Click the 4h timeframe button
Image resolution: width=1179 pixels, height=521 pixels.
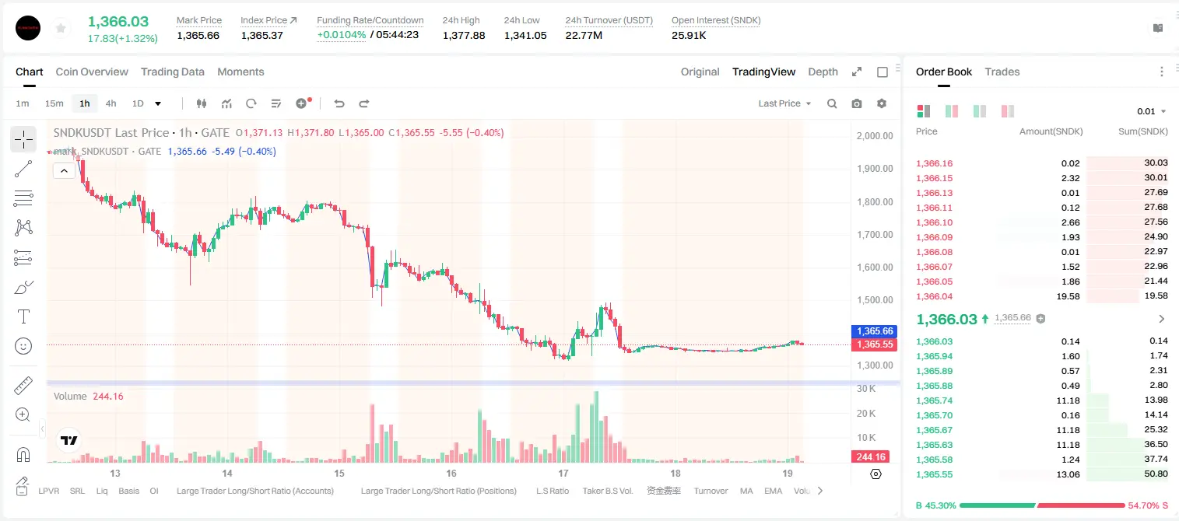(x=111, y=103)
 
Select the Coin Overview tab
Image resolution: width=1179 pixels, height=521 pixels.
(x=92, y=72)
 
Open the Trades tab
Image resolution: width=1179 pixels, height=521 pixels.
(x=1002, y=72)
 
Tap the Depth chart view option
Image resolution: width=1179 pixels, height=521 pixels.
(x=823, y=72)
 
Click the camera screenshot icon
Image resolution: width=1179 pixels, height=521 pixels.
(x=857, y=103)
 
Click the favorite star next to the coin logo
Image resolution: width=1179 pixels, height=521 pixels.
(x=61, y=28)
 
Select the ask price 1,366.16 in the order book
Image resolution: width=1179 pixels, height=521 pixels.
(x=935, y=163)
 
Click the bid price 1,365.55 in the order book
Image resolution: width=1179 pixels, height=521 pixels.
(x=935, y=474)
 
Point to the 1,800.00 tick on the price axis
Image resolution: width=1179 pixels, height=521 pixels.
(x=875, y=202)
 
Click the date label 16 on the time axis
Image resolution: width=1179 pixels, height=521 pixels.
(x=451, y=473)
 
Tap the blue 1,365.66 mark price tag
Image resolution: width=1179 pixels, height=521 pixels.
(x=874, y=331)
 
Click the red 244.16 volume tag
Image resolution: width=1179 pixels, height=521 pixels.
(x=871, y=457)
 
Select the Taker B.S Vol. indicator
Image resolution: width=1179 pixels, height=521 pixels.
(x=607, y=491)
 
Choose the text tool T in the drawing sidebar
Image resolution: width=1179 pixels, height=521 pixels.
(x=23, y=316)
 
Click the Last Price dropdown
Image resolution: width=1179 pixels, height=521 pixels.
(x=784, y=103)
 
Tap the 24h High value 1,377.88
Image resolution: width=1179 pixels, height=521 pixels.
(x=464, y=35)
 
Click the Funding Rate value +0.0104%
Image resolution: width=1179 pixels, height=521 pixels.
(x=341, y=35)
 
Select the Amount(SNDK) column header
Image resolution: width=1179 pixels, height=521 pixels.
(x=1051, y=131)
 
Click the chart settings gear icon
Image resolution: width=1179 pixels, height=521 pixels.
(x=882, y=103)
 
